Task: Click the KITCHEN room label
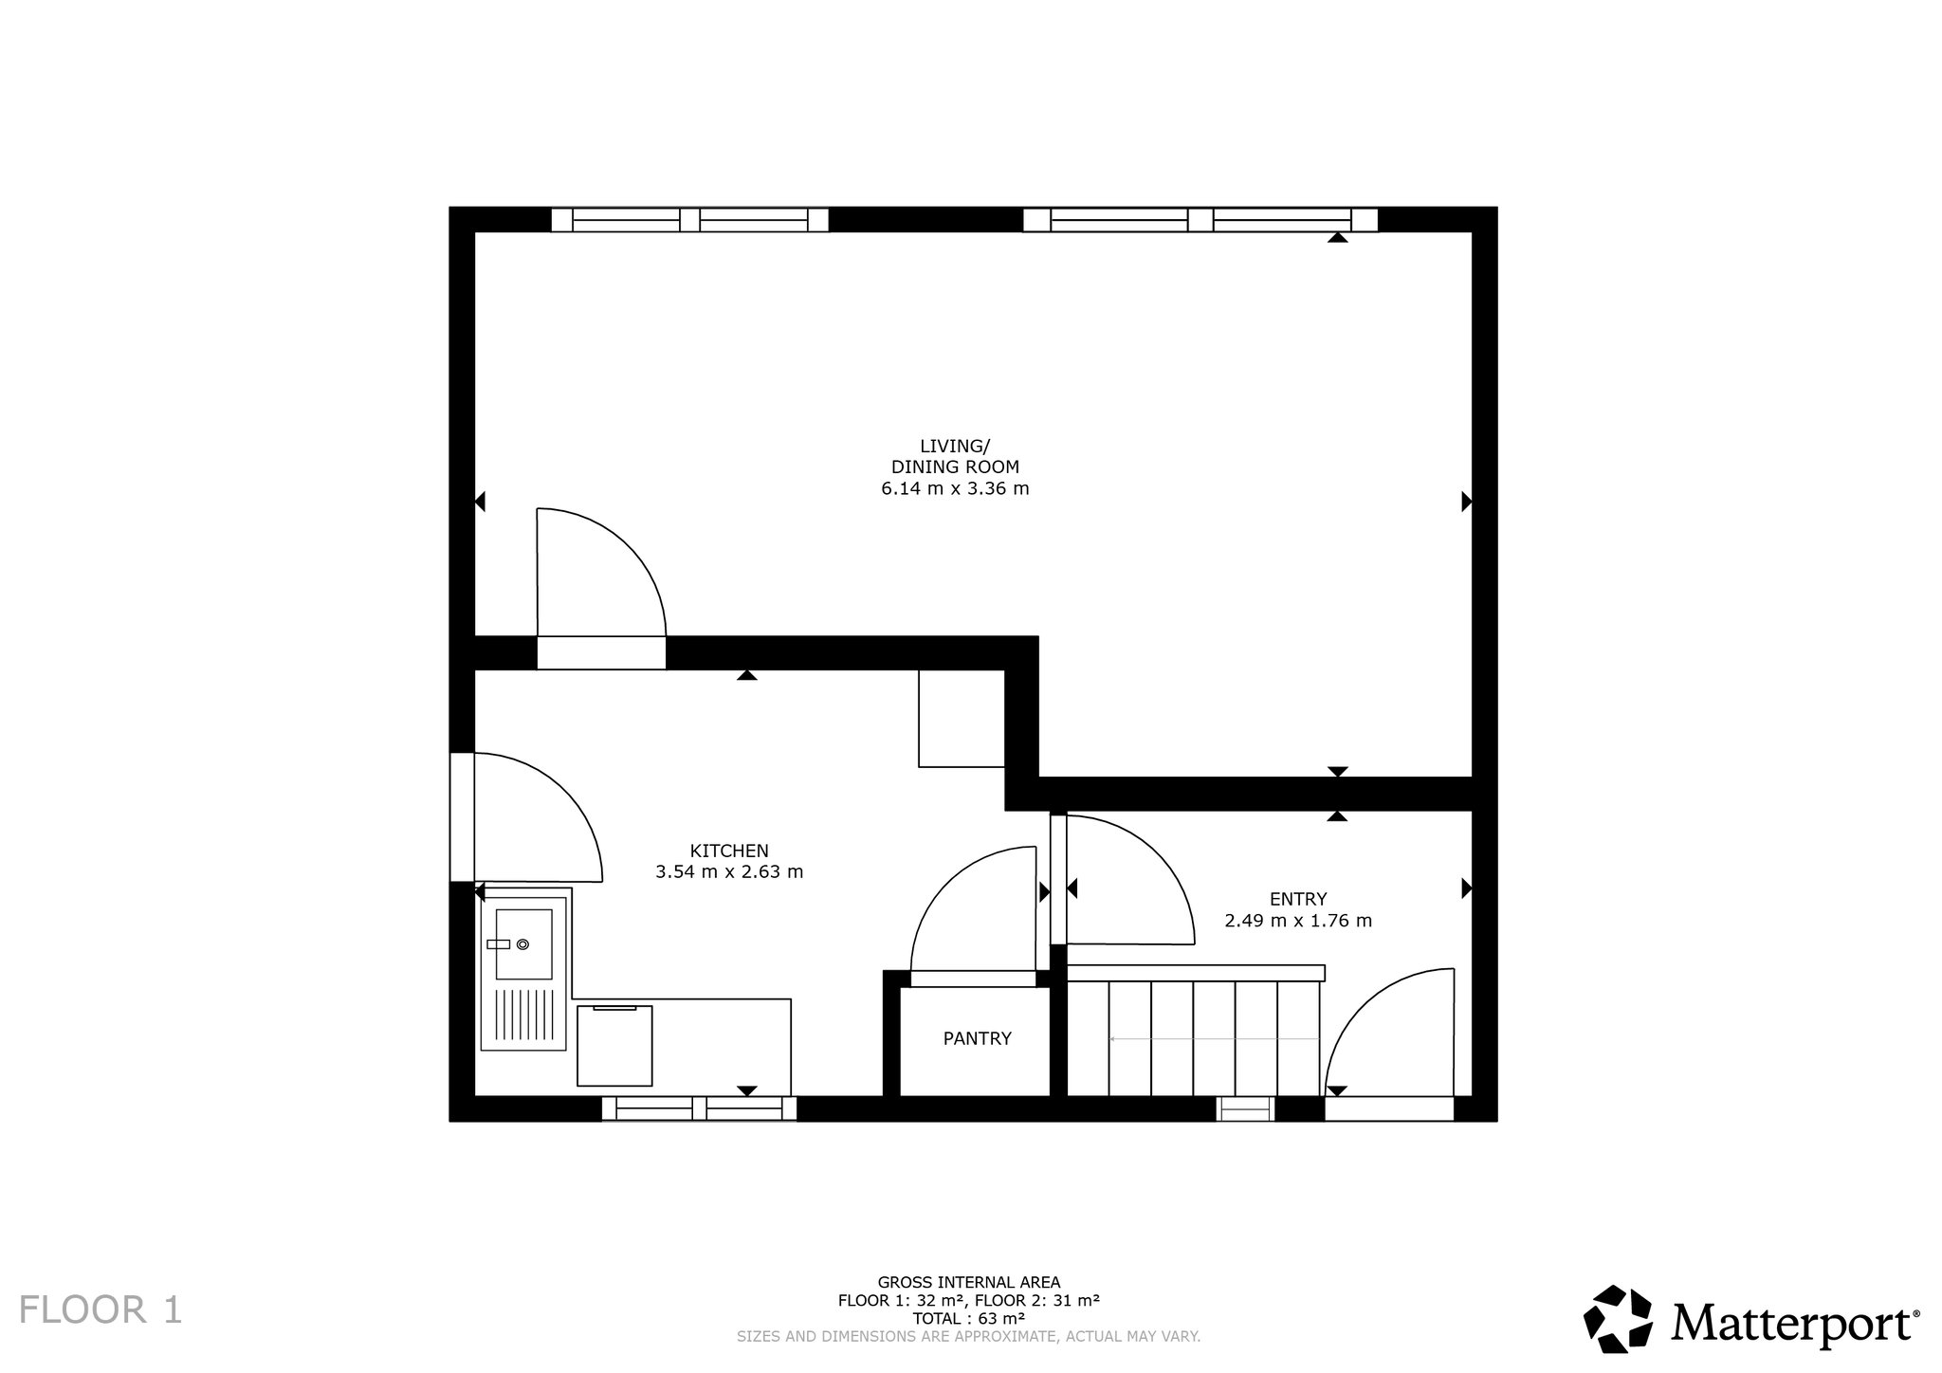[729, 851]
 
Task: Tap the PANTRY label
[977, 1038]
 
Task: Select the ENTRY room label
[1298, 899]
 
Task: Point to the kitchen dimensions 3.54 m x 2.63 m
[729, 871]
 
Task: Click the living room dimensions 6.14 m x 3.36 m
[955, 489]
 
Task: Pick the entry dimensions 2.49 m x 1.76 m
[1298, 920]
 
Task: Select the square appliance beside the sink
[615, 1046]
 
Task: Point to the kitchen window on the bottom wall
[699, 1108]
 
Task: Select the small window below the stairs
[1245, 1108]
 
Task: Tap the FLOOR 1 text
[101, 1309]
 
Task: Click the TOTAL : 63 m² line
[968, 1318]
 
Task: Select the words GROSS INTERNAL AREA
[968, 1282]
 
